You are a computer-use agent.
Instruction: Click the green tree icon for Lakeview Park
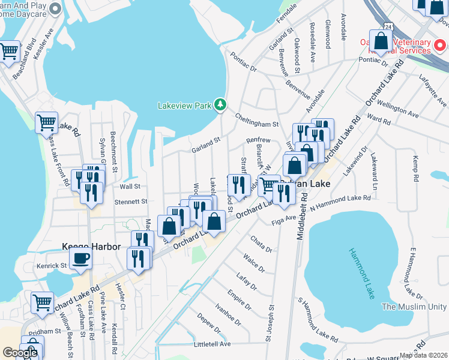tap(221, 105)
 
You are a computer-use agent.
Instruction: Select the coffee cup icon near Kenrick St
tap(80, 259)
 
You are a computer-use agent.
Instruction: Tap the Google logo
tap(20, 353)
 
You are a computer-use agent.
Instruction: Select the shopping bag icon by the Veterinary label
tap(381, 41)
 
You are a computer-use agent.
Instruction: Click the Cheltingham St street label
tap(257, 121)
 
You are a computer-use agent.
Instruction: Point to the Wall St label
tap(130, 187)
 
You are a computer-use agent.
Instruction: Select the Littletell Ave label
tap(212, 344)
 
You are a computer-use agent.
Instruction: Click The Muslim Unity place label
tap(415, 307)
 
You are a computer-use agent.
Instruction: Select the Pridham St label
tap(41, 331)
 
